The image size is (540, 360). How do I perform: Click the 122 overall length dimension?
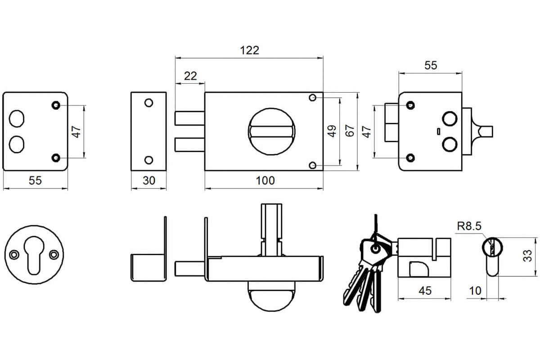point(249,50)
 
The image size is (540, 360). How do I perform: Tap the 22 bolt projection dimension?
point(190,76)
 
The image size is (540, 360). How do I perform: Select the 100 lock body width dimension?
point(265,180)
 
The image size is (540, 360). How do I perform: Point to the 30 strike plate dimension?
point(149,180)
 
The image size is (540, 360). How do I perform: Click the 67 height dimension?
point(350,130)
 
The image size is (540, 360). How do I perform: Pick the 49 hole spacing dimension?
point(332,131)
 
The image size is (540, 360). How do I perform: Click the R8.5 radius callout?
point(469,226)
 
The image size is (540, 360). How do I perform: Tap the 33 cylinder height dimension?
point(527,256)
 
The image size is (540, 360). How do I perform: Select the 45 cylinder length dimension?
point(425,291)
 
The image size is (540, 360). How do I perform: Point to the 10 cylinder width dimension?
point(475,291)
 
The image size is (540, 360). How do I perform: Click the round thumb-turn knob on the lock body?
point(271,131)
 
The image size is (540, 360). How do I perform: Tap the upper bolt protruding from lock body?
point(190,118)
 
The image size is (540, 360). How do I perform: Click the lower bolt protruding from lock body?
point(190,145)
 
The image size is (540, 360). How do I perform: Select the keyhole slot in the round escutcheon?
point(34,255)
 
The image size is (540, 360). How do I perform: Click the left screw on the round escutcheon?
point(14,254)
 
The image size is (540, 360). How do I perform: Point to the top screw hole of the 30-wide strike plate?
point(149,103)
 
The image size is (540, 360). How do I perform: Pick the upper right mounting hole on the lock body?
point(313,98)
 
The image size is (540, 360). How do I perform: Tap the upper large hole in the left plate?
point(17,119)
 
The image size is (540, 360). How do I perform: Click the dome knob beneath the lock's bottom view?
point(271,296)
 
